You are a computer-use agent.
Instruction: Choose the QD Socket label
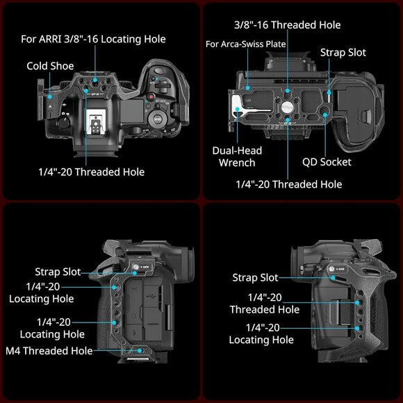coord(327,162)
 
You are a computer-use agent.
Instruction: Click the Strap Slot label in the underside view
coord(343,52)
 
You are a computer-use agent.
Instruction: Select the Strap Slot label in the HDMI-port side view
coord(58,272)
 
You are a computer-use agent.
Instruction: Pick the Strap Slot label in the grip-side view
coord(255,278)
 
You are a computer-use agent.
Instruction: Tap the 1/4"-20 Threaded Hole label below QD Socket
coord(288,184)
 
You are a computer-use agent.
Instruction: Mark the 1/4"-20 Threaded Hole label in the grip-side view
coord(265,303)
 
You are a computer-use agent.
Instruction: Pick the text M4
coord(15,351)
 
